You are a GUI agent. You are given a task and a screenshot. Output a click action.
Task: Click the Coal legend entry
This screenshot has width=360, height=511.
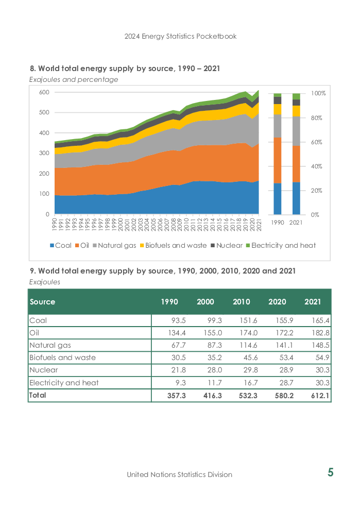coord(61,245)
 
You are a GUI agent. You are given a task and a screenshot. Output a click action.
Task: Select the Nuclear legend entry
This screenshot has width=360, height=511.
coord(227,245)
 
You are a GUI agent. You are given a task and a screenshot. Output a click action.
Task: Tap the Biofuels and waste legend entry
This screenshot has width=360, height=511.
coord(174,245)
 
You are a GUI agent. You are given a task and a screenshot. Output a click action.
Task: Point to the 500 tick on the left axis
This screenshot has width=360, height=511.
coord(44,112)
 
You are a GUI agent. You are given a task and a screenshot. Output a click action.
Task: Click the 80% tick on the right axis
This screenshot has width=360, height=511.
coord(316,118)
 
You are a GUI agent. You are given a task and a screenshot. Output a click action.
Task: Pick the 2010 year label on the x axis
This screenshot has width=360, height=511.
coord(186,224)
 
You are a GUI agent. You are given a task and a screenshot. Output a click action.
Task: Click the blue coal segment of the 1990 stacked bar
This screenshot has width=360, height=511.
coord(277,199)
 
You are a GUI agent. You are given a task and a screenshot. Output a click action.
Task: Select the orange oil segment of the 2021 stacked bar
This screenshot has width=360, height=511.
coord(296,164)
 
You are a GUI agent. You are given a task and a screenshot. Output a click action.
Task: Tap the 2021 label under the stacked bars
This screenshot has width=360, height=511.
coord(296,223)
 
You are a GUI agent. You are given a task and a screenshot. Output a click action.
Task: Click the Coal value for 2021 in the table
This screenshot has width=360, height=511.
coord(320,321)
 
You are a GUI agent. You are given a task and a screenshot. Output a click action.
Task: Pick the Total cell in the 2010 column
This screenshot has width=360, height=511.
coord(248,396)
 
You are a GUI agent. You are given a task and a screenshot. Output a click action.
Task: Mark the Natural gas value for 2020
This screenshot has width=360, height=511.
coord(284,346)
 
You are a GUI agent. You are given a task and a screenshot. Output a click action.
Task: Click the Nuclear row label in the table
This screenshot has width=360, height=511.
coord(44,370)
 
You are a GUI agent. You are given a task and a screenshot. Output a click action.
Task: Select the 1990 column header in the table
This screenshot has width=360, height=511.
coord(169,302)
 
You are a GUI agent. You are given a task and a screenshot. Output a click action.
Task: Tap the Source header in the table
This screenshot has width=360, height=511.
coord(42,302)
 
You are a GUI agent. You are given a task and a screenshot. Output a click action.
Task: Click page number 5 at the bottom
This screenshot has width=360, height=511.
coord(330,472)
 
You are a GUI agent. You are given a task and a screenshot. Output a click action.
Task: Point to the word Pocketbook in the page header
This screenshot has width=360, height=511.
coord(216,36)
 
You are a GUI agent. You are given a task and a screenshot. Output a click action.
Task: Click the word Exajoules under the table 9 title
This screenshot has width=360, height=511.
coord(45,282)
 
